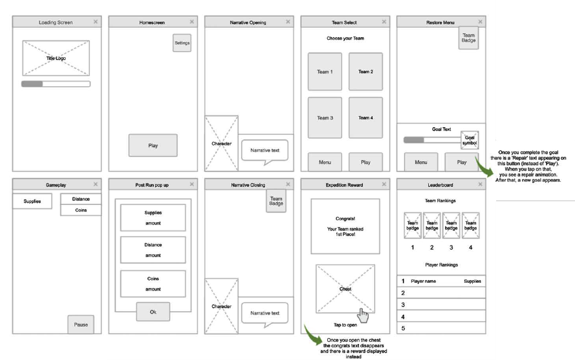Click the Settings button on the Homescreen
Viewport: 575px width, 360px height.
(182, 43)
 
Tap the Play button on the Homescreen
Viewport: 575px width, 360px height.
(153, 146)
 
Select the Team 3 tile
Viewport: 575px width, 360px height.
(325, 118)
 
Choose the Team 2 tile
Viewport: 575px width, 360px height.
(365, 72)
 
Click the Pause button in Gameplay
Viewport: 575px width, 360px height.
(81, 324)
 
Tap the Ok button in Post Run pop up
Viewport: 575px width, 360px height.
(153, 312)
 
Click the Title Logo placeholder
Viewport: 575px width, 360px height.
(56, 58)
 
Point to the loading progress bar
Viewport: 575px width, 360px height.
(56, 84)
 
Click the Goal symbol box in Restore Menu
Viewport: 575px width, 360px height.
(469, 141)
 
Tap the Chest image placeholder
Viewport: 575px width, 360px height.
(345, 289)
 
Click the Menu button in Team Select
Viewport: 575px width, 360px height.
(325, 162)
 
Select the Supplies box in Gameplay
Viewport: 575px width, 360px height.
(32, 201)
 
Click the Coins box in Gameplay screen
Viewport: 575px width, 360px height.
(81, 210)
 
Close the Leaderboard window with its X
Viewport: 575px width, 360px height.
(481, 184)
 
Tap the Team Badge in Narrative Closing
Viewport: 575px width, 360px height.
(276, 201)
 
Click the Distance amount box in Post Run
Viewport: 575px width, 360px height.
(153, 250)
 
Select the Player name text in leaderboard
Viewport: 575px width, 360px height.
(423, 282)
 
